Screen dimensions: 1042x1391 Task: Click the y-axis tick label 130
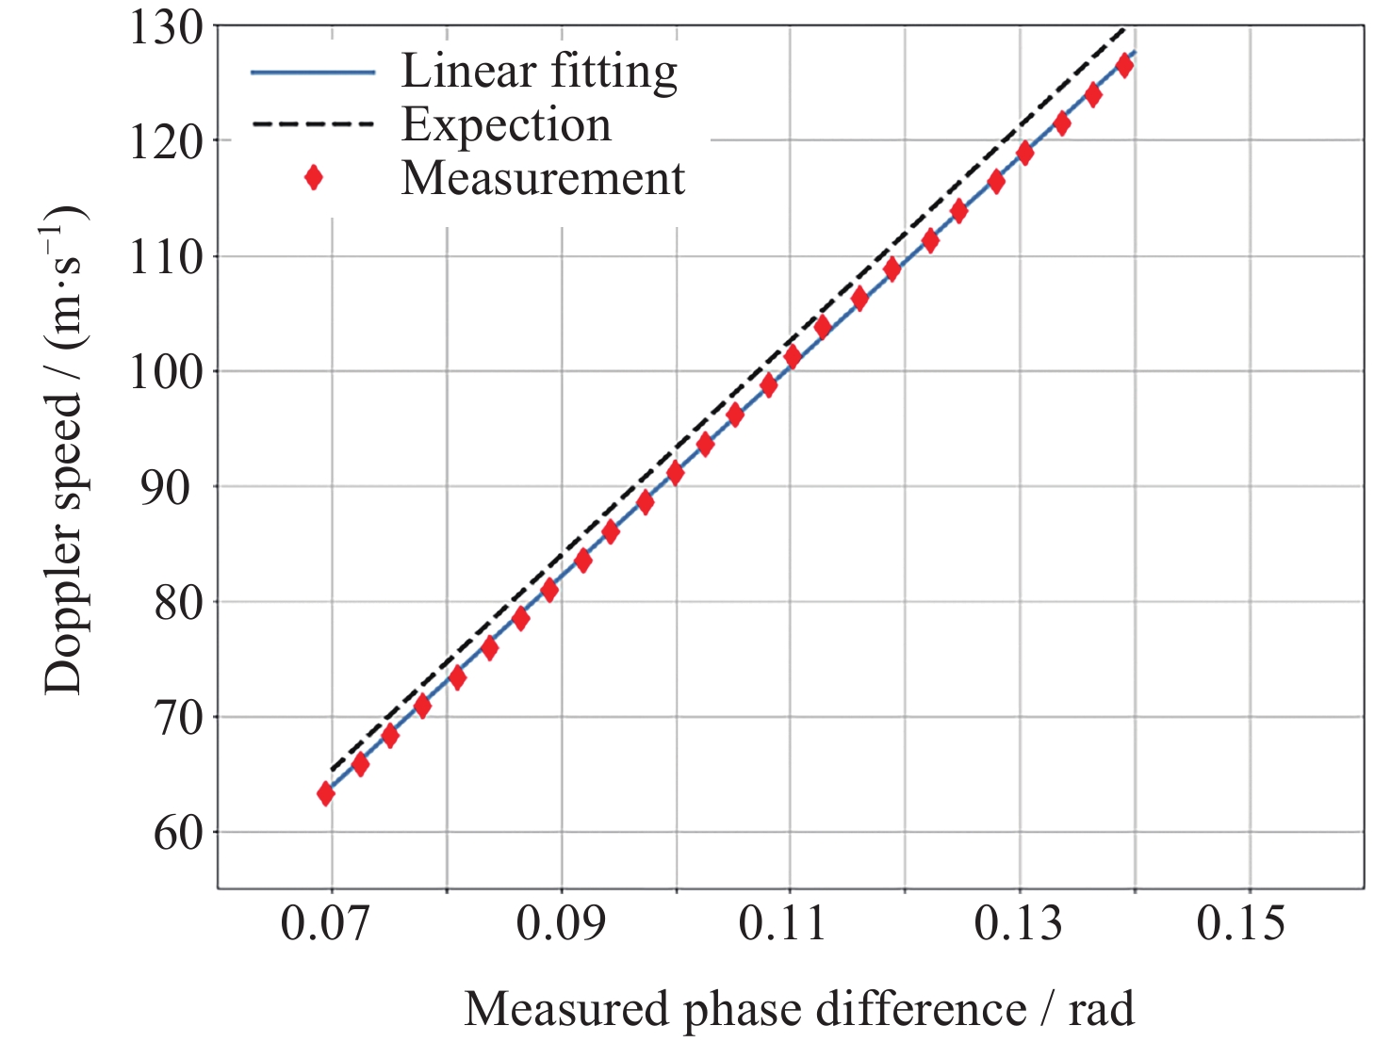point(166,28)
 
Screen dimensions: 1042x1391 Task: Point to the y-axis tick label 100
point(166,373)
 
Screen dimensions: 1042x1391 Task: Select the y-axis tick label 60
point(178,833)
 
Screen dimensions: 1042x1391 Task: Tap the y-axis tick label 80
point(178,603)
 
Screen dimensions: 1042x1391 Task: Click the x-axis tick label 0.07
point(325,923)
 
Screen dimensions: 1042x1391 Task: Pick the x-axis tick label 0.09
point(561,923)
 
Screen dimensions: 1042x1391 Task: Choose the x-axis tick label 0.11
point(782,923)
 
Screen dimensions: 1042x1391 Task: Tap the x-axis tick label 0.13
point(1018,923)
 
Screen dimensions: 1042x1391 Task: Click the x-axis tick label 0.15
point(1240,923)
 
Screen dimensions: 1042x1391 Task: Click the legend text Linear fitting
point(539,72)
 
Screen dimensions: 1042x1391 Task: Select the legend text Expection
point(506,125)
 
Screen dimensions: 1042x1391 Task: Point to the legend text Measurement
point(543,178)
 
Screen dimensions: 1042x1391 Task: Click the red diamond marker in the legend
point(314,178)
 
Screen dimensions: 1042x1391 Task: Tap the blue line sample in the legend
point(313,73)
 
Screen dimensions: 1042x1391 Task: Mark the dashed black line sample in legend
point(313,124)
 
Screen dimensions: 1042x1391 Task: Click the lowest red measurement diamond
point(326,794)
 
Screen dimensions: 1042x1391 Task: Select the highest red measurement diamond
point(1124,66)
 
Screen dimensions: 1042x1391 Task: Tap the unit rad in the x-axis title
point(1101,1010)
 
